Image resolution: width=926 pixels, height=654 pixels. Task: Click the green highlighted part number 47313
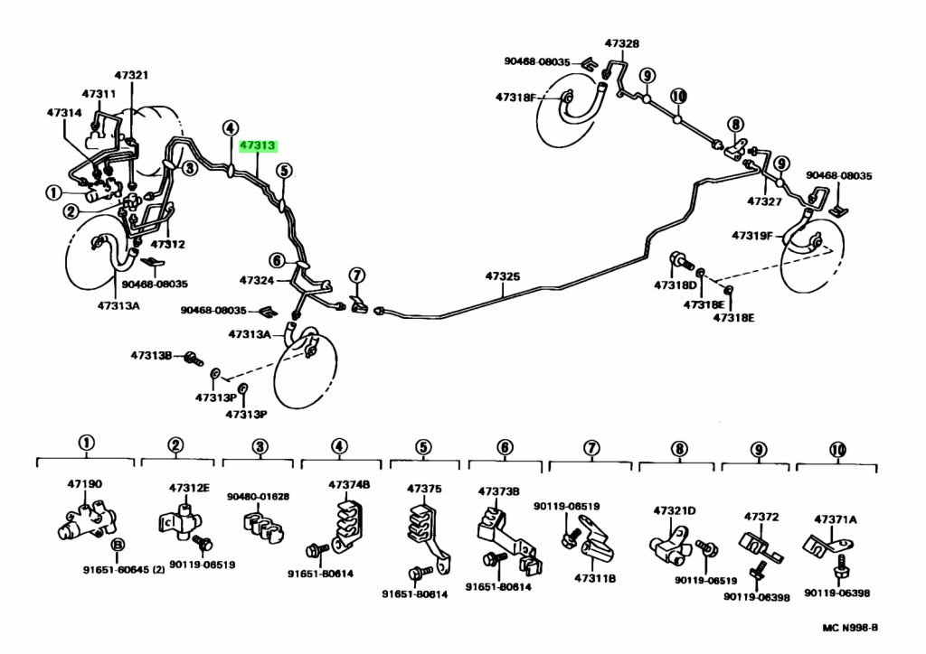(x=258, y=145)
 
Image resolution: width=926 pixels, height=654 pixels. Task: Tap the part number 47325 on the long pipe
(x=503, y=276)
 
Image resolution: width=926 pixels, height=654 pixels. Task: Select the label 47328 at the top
(x=621, y=43)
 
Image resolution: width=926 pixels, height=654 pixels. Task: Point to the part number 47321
(x=131, y=75)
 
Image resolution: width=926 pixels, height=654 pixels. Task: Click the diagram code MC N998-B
(x=850, y=628)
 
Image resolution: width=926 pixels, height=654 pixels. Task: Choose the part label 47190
(x=84, y=484)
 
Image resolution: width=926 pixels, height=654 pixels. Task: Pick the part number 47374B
(x=349, y=485)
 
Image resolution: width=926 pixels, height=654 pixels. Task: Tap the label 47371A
(x=835, y=519)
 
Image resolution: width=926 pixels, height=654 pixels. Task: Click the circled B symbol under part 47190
(x=118, y=545)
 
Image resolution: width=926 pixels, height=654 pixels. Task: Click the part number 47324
(x=257, y=281)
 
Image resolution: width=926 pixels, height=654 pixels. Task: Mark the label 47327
(x=764, y=201)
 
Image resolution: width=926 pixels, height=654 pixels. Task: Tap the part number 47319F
(x=751, y=236)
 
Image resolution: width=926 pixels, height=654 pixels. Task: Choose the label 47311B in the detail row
(x=595, y=578)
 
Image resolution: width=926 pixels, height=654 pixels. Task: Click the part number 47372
(x=761, y=518)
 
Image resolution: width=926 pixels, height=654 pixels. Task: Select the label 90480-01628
(x=258, y=497)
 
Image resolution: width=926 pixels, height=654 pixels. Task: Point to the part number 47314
(x=64, y=112)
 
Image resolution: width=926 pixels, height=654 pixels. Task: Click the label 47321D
(x=675, y=510)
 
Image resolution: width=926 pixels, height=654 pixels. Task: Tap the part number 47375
(x=424, y=489)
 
